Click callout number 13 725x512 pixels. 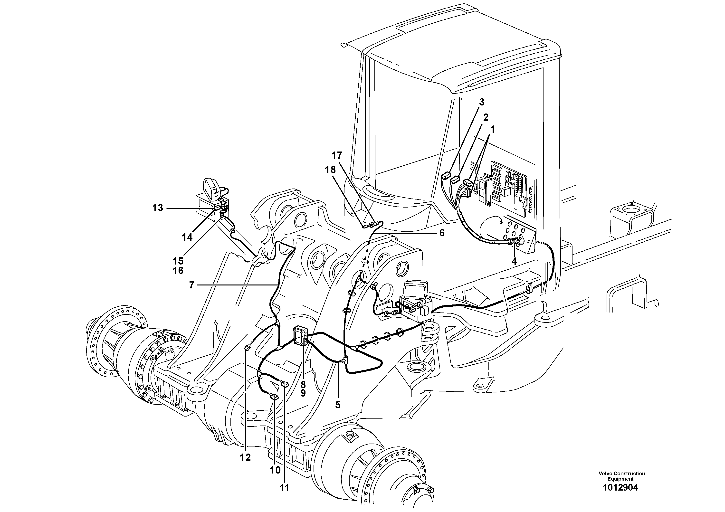[158, 208]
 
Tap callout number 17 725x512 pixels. [337, 156]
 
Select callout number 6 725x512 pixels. [442, 233]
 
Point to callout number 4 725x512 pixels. [514, 261]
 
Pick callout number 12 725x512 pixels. [245, 457]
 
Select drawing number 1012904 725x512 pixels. [620, 488]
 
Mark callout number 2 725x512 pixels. [486, 117]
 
